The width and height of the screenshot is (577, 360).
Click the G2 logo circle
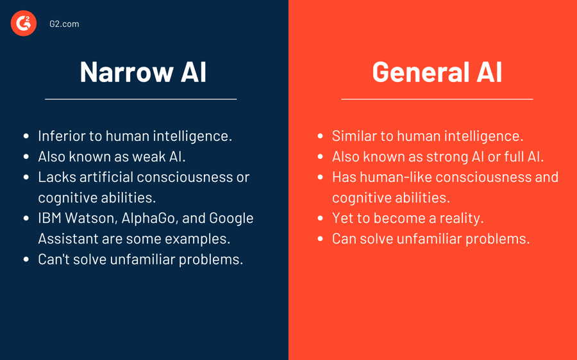(x=24, y=24)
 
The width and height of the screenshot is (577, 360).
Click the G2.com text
(x=64, y=24)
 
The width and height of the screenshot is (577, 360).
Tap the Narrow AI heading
(x=143, y=71)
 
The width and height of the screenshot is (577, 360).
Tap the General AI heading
(x=437, y=71)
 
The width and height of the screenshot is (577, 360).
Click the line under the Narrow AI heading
(x=141, y=99)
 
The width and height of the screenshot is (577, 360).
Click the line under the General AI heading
(x=437, y=99)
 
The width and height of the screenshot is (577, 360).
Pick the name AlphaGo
(x=149, y=218)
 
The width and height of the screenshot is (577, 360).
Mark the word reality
(x=461, y=218)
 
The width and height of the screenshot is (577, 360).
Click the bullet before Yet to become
(x=321, y=218)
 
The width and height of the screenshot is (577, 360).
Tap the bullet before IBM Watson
(x=26, y=218)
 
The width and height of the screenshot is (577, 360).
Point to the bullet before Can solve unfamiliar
(x=321, y=239)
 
